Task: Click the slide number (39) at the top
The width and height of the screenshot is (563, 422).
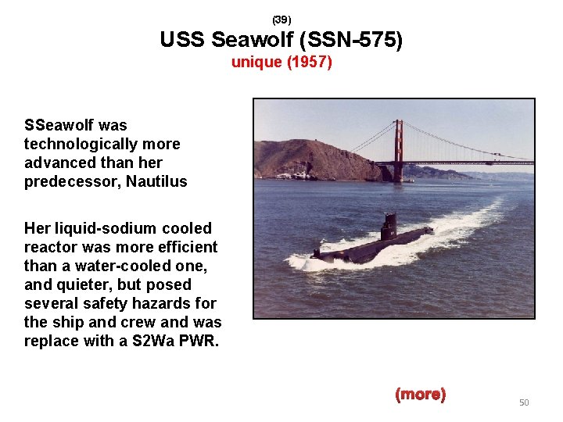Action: click(x=281, y=19)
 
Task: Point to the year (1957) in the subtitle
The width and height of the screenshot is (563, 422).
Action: click(x=310, y=62)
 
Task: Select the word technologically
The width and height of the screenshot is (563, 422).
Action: click(x=71, y=144)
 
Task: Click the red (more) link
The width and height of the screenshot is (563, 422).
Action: click(x=421, y=395)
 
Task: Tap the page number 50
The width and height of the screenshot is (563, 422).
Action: click(x=524, y=402)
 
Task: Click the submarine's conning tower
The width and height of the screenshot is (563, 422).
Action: click(x=388, y=227)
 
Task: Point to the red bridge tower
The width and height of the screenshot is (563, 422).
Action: click(x=399, y=148)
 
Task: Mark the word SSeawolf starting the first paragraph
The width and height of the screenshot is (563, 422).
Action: click(x=59, y=125)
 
